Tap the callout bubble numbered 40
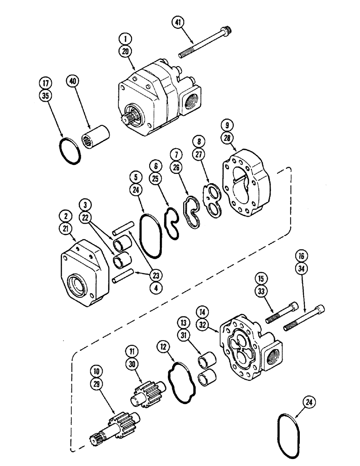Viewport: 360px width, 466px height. tap(72, 82)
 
